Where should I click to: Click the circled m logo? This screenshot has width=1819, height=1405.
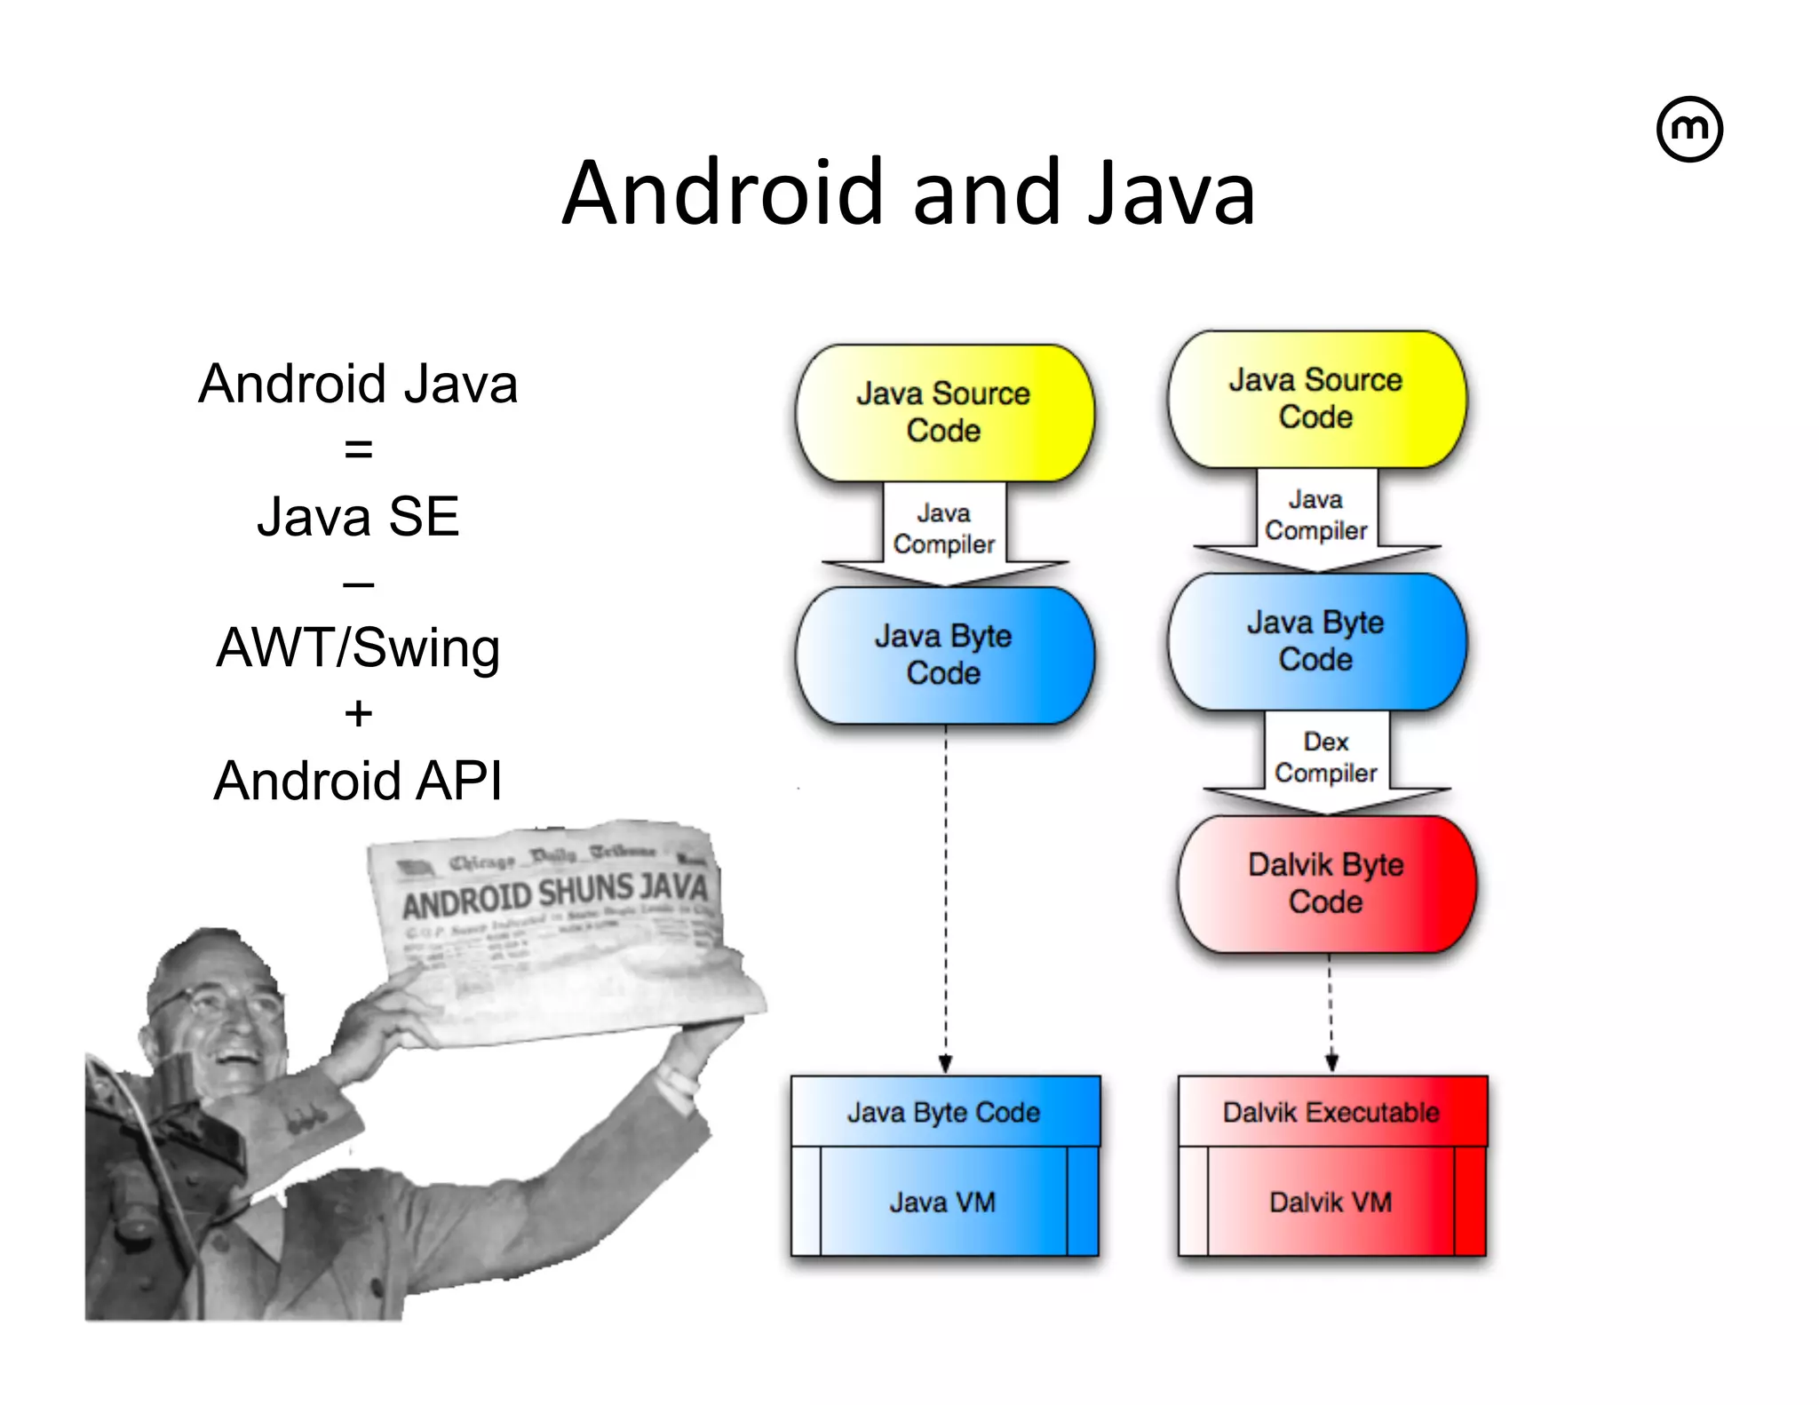[1689, 130]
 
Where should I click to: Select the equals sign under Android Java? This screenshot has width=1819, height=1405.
[358, 449]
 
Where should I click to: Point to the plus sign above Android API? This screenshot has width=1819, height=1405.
[358, 713]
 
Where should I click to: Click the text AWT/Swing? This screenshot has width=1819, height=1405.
[358, 647]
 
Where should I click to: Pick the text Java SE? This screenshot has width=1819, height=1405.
[358, 516]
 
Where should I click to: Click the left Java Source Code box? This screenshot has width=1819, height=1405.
[944, 412]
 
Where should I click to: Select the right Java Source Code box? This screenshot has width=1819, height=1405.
[1316, 399]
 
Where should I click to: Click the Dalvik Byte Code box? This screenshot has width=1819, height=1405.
[1326, 884]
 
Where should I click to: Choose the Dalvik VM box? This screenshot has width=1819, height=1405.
[1330, 1202]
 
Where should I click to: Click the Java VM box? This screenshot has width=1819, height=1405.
[943, 1202]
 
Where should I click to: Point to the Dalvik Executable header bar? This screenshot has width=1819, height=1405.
[1331, 1112]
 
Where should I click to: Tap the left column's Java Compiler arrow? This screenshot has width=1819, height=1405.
[944, 531]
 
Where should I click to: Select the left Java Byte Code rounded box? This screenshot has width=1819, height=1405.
[944, 655]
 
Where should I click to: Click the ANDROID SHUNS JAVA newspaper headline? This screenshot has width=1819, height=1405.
[554, 895]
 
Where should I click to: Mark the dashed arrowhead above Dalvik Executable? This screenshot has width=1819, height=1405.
[1331, 1062]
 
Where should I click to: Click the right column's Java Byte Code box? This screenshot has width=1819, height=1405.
[1316, 641]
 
